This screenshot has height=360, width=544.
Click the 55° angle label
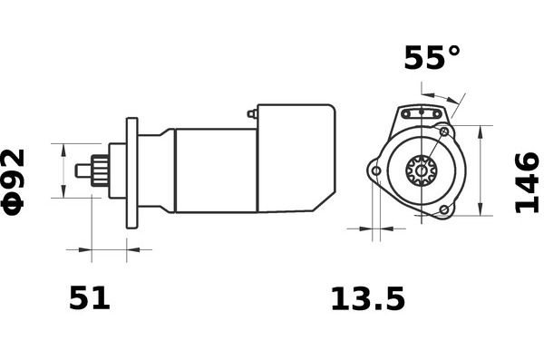(x=432, y=57)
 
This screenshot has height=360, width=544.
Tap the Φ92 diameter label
(x=14, y=182)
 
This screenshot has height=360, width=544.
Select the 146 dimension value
(x=528, y=182)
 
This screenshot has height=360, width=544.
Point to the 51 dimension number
(x=90, y=297)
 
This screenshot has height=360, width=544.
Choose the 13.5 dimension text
(x=368, y=298)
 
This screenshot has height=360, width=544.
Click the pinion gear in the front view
(x=422, y=170)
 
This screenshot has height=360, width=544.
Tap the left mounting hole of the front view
(x=376, y=171)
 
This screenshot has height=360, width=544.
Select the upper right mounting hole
(x=444, y=131)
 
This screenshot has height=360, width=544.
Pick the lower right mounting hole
(x=444, y=209)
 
